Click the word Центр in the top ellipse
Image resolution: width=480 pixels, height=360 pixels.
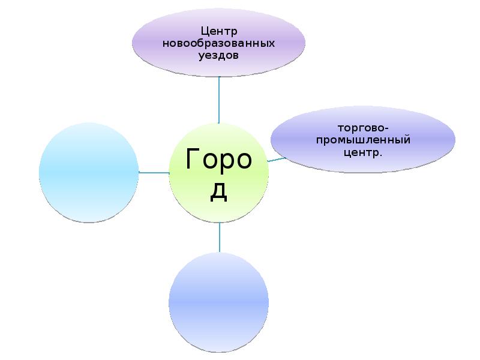point(219,31)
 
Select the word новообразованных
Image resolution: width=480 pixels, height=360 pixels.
point(219,44)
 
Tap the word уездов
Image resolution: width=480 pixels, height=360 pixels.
point(219,55)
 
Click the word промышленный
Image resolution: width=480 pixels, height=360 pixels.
point(363,140)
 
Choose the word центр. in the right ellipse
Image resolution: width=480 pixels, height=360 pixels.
point(363,152)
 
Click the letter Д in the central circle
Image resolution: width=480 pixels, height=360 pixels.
point(219,191)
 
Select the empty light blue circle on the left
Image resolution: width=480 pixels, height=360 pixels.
point(88,172)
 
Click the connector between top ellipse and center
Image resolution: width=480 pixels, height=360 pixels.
point(219,100)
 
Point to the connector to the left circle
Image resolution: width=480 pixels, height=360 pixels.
point(154,173)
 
